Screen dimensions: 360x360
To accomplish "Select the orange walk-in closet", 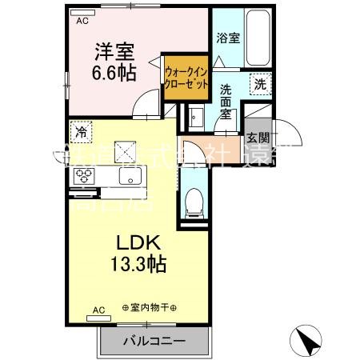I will coord(186,78).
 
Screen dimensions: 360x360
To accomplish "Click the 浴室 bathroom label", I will coord(229,38).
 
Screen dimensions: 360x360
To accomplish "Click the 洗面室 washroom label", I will coord(227,102).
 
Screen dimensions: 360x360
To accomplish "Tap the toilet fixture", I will coord(193,202).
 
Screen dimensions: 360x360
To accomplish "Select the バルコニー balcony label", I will coord(154,342).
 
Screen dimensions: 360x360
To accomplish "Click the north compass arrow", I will coord(308,342).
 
